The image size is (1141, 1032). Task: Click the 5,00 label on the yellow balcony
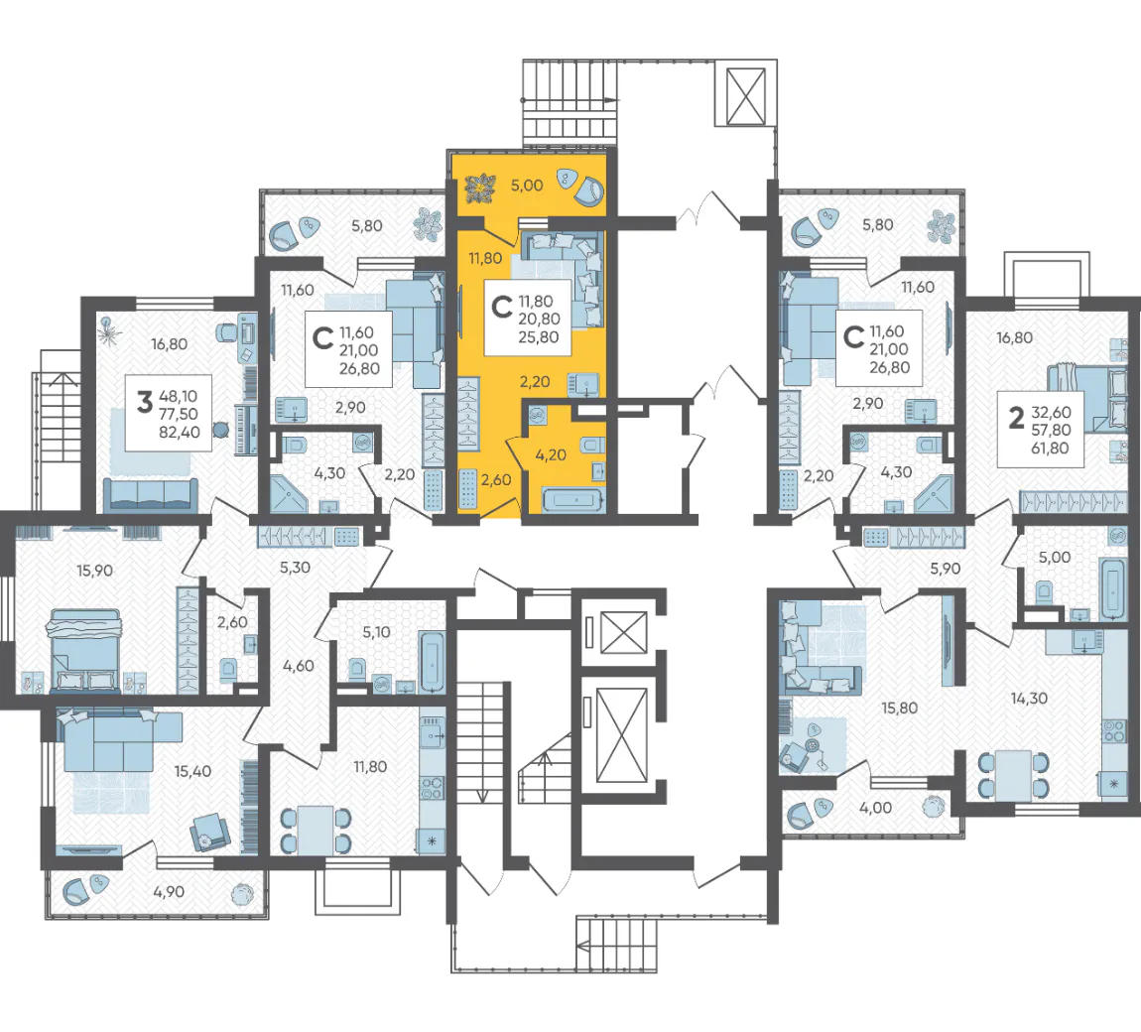point(526,186)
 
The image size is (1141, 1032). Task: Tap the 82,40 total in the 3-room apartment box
point(179,433)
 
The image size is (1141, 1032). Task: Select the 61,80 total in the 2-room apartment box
point(1050,449)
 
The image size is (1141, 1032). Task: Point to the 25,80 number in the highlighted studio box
point(539,337)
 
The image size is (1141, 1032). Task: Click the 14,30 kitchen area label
point(1029,699)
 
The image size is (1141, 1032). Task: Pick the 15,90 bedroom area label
point(94,571)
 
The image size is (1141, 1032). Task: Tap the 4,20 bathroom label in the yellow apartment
point(550,454)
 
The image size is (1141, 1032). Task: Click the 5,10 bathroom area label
point(376,632)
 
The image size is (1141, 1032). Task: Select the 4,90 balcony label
point(169,891)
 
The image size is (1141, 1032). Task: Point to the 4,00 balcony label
point(875,808)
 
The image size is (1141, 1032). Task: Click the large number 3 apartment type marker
point(145,401)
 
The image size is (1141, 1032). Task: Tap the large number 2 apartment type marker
point(1016,418)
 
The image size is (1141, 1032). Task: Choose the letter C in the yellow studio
point(502,308)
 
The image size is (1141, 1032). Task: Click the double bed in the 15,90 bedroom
point(83,650)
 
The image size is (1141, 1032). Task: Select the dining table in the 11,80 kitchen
point(316,829)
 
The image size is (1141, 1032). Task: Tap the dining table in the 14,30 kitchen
point(1014,774)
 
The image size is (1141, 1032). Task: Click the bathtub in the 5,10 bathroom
point(432,662)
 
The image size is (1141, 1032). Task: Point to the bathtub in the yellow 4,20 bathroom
point(573,500)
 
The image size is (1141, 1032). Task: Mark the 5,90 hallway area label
point(946,570)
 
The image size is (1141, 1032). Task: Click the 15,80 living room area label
point(900,709)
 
